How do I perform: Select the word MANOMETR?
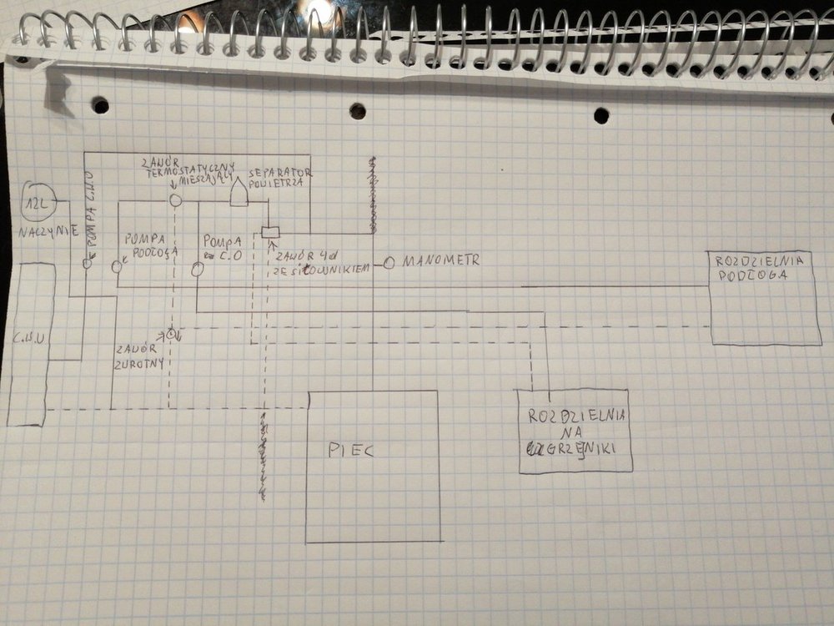coord(441,261)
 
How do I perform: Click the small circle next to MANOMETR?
coord(389,263)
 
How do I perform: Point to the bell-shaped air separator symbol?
coord(239,194)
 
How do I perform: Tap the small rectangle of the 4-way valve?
coord(269,232)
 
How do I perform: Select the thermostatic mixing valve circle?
coord(175,200)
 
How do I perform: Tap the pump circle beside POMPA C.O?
coord(198,270)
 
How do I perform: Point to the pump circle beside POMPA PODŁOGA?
coord(117,266)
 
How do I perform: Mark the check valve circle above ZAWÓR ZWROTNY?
coord(171,334)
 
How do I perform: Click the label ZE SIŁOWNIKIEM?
coord(319,270)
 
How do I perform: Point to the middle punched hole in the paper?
coord(357,111)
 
